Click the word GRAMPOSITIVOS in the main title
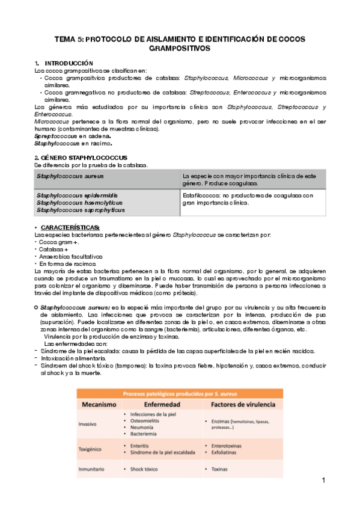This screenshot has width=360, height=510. [180, 48]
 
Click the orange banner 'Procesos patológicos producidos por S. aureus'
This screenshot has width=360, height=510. [180, 393]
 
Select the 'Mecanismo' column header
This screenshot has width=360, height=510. [99, 405]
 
